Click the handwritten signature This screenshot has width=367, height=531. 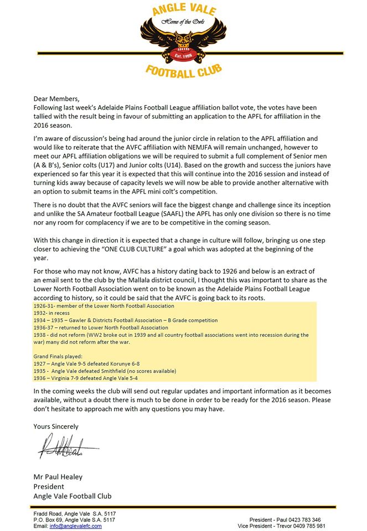66,446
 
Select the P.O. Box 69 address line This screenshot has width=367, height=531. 74,520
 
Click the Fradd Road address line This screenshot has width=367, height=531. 74,514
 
